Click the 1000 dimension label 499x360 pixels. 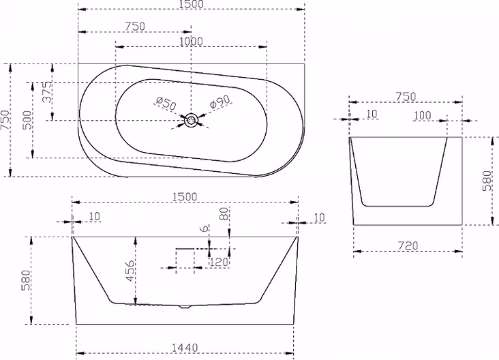coord(191,42)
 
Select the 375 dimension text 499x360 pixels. coord(47,92)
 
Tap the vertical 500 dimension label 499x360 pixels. coord(28,120)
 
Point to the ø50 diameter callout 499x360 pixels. coord(166,104)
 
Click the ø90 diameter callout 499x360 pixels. coord(220,102)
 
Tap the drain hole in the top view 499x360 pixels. coord(192,120)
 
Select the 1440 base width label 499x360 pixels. coord(185,348)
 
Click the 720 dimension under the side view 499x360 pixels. coord(408,245)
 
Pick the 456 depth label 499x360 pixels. coord(130,271)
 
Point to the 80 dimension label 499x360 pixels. coord(224,213)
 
